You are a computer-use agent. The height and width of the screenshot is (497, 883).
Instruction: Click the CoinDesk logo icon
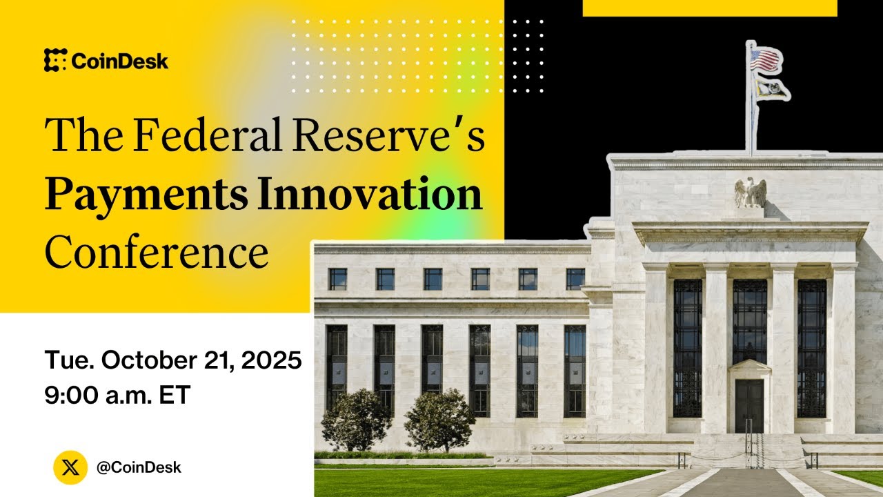click(x=55, y=61)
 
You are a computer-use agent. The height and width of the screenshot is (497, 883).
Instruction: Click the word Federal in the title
click(x=207, y=135)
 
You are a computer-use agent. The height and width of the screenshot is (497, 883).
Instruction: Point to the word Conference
click(x=157, y=253)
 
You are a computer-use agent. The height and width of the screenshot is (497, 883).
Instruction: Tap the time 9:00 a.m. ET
click(x=117, y=395)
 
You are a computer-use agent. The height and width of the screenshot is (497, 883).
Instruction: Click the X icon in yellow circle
click(x=70, y=467)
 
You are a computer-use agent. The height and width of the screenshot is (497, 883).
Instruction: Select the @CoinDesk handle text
click(x=139, y=467)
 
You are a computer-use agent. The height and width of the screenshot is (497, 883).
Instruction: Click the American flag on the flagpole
click(x=766, y=59)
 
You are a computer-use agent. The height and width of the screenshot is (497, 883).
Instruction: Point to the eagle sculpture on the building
click(x=750, y=192)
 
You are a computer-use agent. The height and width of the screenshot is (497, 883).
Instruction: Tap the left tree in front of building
click(x=356, y=419)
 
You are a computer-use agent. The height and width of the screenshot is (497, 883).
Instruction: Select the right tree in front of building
click(x=439, y=419)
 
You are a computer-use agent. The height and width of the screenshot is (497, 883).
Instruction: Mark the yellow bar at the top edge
click(x=710, y=8)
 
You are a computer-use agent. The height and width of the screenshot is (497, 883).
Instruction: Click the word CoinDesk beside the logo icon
click(x=119, y=61)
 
